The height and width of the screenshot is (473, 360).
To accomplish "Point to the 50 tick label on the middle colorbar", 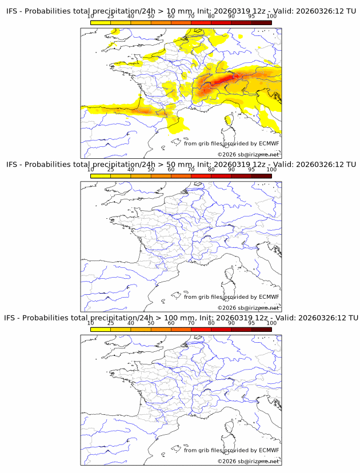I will (x=151, y=170).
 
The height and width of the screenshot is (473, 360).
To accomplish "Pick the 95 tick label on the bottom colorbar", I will (x=251, y=323).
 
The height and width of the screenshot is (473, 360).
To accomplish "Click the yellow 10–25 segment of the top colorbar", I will (x=101, y=22).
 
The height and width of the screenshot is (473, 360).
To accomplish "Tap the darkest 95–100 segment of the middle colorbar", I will (x=261, y=175).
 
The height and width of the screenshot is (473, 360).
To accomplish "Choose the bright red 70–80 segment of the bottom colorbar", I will (x=201, y=328).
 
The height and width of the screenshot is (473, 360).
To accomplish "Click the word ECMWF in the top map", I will (x=269, y=143).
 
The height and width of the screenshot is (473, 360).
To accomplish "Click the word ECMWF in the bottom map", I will (x=269, y=450).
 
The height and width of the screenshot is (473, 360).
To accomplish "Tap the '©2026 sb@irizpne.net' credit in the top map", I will (x=248, y=155).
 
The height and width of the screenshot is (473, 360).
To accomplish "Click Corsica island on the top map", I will (x=229, y=119).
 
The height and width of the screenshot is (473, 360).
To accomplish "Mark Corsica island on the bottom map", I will (x=229, y=426).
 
